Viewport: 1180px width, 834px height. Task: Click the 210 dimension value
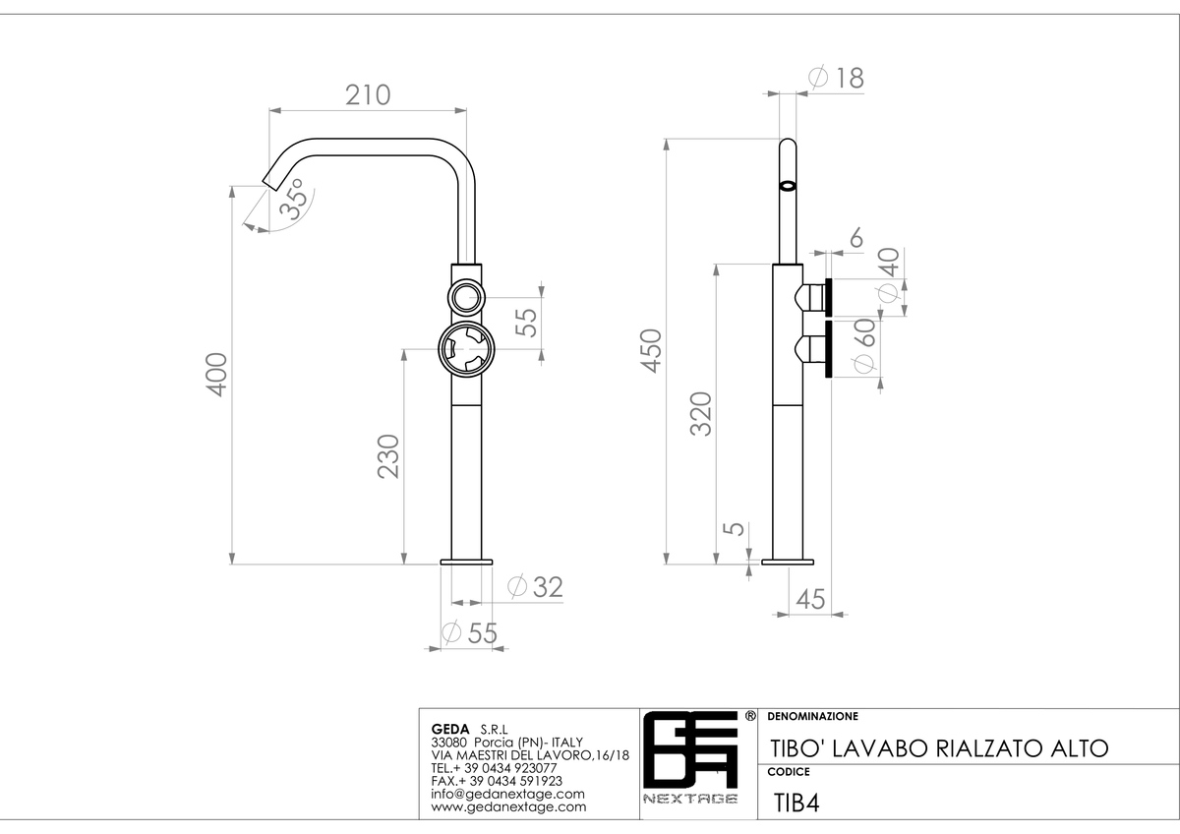point(368,95)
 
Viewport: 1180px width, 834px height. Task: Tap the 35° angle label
point(293,199)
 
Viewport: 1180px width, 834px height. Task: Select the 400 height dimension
point(216,375)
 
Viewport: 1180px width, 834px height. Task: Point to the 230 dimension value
point(388,456)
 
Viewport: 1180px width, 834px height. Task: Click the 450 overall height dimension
point(651,351)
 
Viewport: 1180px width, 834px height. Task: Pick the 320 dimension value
point(700,414)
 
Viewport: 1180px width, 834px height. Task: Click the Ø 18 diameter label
point(837,78)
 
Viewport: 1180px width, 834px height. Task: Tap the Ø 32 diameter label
point(535,587)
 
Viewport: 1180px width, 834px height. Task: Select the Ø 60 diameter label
point(864,345)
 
